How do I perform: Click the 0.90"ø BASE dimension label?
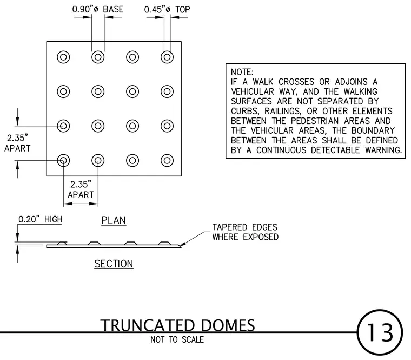pyautogui.click(x=98, y=9)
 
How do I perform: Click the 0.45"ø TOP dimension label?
pyautogui.click(x=167, y=10)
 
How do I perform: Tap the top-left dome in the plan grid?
pyautogui.click(x=63, y=57)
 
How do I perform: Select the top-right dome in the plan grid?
pyautogui.click(x=167, y=57)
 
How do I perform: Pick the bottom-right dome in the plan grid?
pyautogui.click(x=167, y=160)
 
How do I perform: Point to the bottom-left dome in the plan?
pyautogui.click(x=63, y=160)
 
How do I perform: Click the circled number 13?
pyautogui.click(x=380, y=332)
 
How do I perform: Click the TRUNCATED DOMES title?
pyautogui.click(x=177, y=325)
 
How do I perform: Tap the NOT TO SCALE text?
pyautogui.click(x=177, y=339)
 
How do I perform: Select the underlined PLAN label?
pyautogui.click(x=114, y=220)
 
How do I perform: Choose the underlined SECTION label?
pyautogui.click(x=114, y=264)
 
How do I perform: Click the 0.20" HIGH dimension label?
pyautogui.click(x=41, y=219)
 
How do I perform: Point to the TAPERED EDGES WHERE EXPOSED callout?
pyautogui.click(x=246, y=232)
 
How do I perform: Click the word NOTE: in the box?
pyautogui.click(x=242, y=72)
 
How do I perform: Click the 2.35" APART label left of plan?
pyautogui.click(x=17, y=143)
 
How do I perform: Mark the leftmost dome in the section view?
pyautogui.click(x=62, y=243)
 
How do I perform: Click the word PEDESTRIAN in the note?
pyautogui.click(x=315, y=121)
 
